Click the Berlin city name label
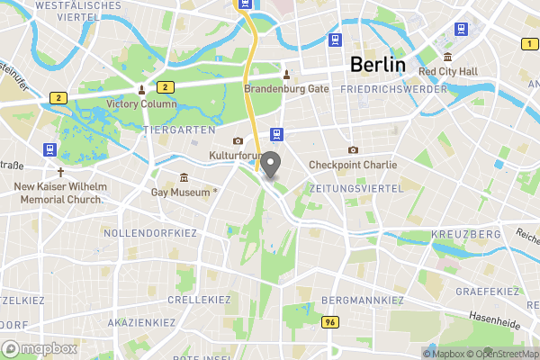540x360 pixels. [x=377, y=65]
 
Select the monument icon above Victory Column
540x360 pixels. [x=141, y=89]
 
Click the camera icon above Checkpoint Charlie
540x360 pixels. [x=353, y=149]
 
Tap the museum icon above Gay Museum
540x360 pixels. [x=184, y=176]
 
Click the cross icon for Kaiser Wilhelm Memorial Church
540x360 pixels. [x=61, y=171]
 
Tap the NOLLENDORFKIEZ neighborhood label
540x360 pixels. [x=151, y=233]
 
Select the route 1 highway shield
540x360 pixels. [x=527, y=43]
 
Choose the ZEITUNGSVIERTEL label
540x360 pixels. [x=351, y=188]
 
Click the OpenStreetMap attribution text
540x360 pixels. [x=503, y=354]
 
